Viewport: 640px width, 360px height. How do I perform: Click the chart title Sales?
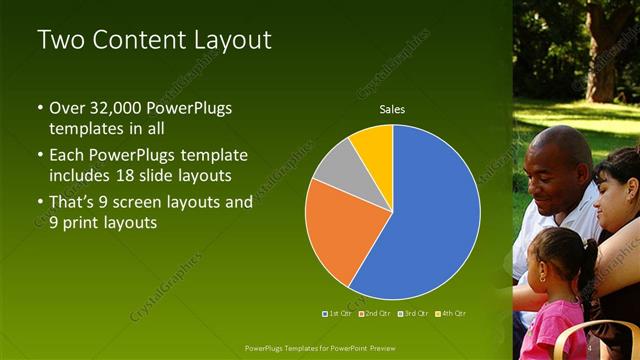391,109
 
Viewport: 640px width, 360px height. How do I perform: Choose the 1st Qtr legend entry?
335,313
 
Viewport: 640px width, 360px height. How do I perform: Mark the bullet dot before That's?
40,202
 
